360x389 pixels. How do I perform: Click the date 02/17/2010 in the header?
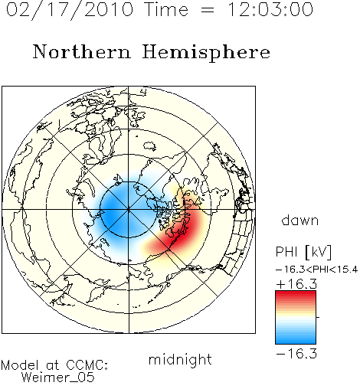[x=70, y=10]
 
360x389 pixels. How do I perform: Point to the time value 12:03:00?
[x=270, y=9]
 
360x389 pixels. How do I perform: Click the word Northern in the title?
[x=81, y=51]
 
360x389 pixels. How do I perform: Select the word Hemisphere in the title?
[x=206, y=53]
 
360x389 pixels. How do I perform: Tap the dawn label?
[x=300, y=220]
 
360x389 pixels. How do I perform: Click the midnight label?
[x=180, y=360]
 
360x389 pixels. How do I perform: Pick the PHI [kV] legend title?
[x=303, y=252]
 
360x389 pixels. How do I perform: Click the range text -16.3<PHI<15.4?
[x=317, y=270]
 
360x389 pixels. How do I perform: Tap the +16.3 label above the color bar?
[x=296, y=284]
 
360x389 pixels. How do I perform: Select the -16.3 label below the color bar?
[x=296, y=354]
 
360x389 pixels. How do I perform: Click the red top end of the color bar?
[x=296, y=293]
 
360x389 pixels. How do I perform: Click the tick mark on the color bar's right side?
[x=318, y=317]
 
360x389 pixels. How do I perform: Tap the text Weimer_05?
[x=58, y=378]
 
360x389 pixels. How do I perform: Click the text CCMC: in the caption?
[x=87, y=365]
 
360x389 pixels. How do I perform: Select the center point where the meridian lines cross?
[x=129, y=210]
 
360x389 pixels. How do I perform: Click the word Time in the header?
[x=166, y=9]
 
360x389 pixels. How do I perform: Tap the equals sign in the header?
[x=208, y=10]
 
